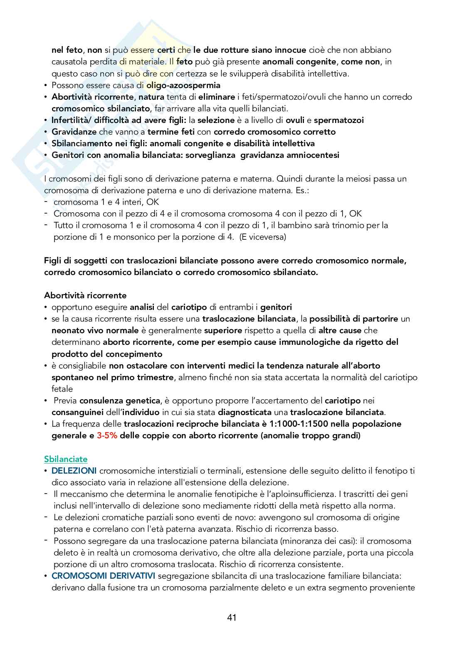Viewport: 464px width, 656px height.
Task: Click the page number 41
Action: click(232, 617)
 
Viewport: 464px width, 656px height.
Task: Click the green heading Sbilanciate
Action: click(66, 459)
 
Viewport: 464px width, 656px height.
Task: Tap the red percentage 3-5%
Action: click(107, 436)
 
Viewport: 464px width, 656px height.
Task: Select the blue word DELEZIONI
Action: click(74, 471)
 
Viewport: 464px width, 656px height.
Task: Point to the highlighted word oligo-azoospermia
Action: click(183, 85)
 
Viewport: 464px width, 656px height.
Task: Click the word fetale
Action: click(62, 389)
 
